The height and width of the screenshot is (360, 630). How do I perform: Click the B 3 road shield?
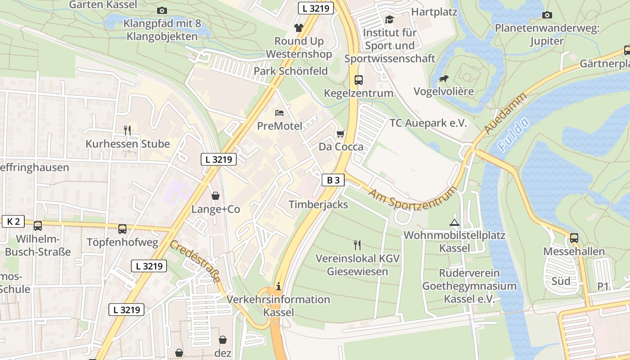tap(333, 180)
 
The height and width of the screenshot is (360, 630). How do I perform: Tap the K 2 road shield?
tap(13, 221)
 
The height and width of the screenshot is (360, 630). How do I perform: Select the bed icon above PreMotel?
tap(279, 112)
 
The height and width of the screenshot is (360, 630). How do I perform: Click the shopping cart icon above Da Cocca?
tap(341, 134)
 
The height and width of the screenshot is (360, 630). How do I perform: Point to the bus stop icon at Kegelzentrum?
tap(359, 80)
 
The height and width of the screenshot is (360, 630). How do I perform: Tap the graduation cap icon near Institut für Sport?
tap(389, 19)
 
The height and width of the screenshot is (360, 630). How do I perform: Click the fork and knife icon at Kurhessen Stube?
tap(128, 130)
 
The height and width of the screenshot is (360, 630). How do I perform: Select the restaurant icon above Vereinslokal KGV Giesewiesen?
tap(357, 245)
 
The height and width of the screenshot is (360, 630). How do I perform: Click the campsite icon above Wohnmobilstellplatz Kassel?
tap(454, 222)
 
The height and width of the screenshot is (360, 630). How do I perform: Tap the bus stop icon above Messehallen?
tap(574, 238)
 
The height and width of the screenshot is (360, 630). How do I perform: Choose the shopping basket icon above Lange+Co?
tap(216, 196)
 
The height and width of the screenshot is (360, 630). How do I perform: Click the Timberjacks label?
tap(318, 204)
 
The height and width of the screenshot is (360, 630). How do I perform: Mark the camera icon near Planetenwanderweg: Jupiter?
tap(547, 15)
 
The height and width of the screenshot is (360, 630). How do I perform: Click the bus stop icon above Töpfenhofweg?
tap(122, 229)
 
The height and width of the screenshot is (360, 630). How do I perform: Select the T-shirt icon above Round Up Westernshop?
tap(299, 27)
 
